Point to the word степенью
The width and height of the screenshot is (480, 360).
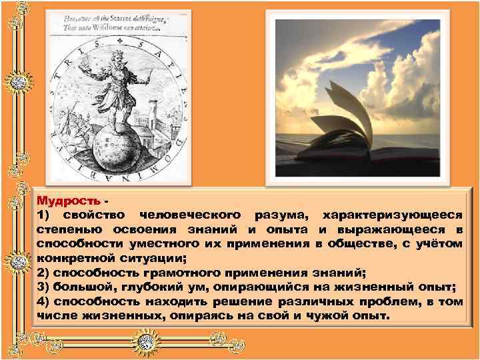(x=65, y=229)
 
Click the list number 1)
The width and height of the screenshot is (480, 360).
(x=45, y=215)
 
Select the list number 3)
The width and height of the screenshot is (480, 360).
(x=45, y=286)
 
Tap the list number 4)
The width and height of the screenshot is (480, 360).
(x=45, y=301)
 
